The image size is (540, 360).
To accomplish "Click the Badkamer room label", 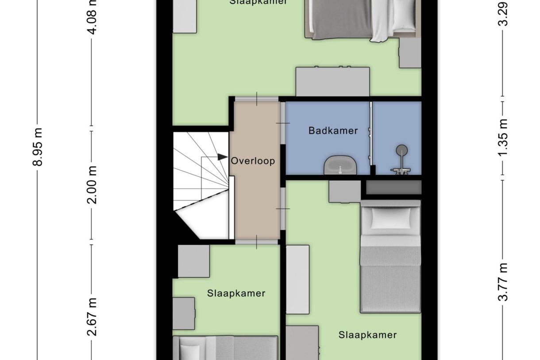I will pos(333,131).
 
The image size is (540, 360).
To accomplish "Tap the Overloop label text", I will pos(253,161).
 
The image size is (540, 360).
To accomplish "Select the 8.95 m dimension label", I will pos(39,147).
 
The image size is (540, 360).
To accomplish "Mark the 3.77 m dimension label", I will pos(503,282).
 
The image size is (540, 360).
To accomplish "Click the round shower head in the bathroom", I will pos(401,150).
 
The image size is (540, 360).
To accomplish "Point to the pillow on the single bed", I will pos(390,218).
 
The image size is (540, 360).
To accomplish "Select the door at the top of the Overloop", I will pos(256,99).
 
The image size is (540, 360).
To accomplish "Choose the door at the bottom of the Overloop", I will pos(256,241).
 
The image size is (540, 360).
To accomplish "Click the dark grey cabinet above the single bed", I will pos(391,187).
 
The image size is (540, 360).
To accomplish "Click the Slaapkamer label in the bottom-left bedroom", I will pos(236,293).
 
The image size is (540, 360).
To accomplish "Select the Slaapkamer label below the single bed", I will pos(367,335).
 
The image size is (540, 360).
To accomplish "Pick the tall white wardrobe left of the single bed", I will pos(297,279).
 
